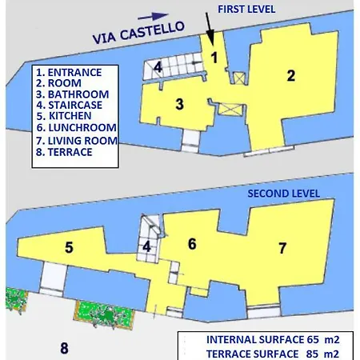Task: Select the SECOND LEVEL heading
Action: pos(283,194)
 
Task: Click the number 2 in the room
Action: pos(291,76)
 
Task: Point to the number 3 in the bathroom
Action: pos(180,103)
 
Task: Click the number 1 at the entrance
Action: pos(214,57)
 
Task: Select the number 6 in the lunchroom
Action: pos(192,244)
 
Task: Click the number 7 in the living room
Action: pos(282,248)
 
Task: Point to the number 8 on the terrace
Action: pos(63,347)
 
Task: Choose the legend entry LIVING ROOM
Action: pos(77,140)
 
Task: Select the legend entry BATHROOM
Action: pos(73,94)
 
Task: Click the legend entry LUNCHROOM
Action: pos(76,127)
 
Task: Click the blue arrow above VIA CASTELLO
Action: pos(158,15)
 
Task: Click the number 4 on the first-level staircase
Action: pos(158,66)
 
